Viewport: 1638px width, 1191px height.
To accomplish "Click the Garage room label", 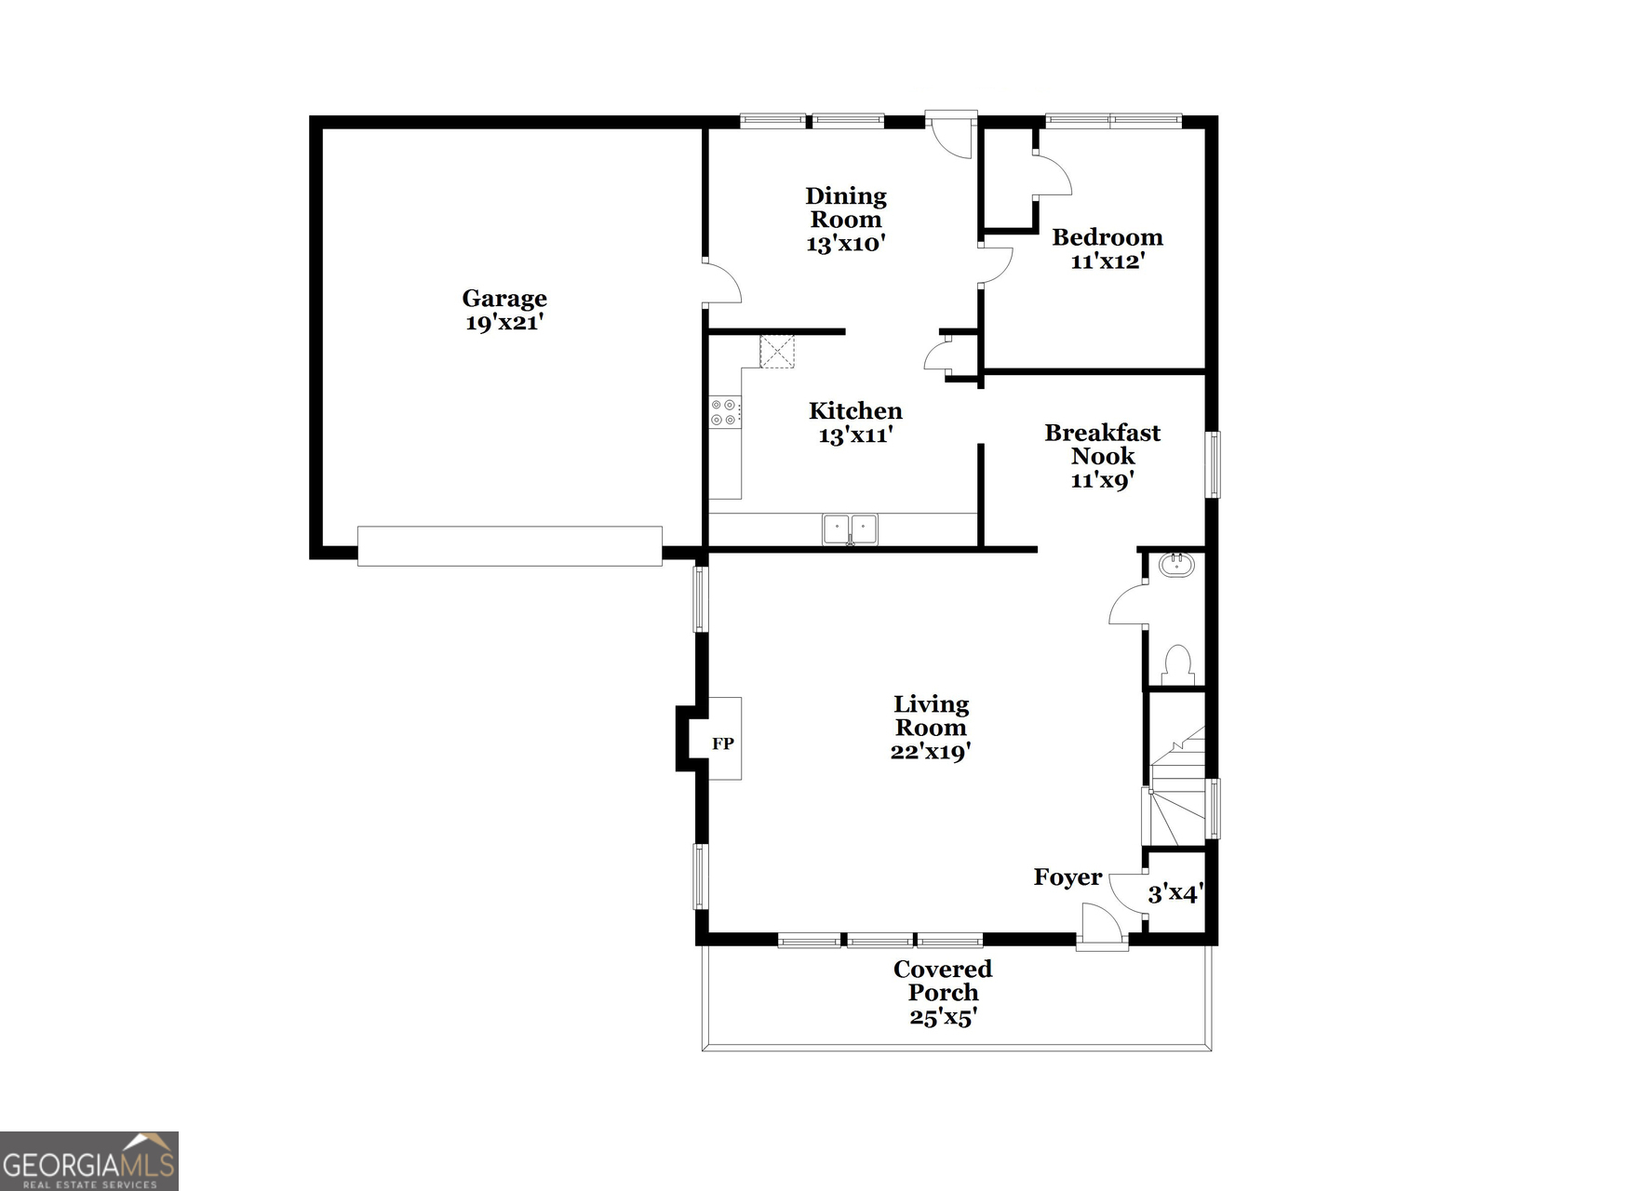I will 504,300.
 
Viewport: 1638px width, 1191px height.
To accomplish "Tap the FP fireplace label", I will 723,743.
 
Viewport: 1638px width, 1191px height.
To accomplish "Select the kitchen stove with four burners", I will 725,412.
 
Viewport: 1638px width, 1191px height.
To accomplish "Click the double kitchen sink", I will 850,529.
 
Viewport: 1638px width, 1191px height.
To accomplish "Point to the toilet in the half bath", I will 1177,664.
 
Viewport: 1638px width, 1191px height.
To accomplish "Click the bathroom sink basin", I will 1177,564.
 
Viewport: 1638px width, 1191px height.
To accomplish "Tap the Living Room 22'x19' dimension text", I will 931,752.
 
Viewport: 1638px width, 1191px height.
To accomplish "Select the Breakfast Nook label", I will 1103,445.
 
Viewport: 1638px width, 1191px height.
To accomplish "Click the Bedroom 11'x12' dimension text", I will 1108,261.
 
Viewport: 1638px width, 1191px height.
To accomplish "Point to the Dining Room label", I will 846,207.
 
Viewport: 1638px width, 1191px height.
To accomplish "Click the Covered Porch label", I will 943,981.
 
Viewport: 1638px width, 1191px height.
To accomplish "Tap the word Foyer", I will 1067,877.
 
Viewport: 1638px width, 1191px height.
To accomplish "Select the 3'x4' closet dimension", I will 1175,894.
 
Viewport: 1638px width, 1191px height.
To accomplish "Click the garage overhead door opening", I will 510,546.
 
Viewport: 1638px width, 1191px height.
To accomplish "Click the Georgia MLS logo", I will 89,1161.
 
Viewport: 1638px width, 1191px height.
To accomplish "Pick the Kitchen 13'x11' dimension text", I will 856,435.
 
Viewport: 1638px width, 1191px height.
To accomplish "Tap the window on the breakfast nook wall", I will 1213,464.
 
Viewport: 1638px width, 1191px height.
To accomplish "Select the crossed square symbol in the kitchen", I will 777,352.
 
